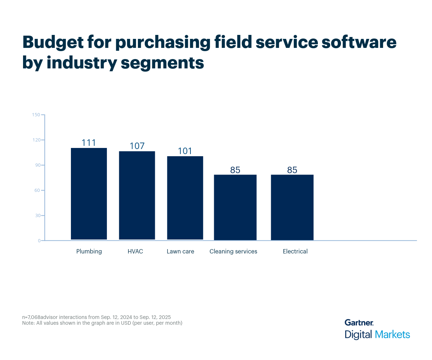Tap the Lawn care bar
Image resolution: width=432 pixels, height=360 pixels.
point(185,198)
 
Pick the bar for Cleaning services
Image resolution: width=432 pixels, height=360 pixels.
point(235,207)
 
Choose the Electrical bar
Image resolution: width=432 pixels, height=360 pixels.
point(292,207)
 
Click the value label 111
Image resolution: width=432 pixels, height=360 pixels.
point(89,143)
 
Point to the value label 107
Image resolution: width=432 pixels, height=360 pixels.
point(137,146)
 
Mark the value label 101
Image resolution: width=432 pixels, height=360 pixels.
point(185,151)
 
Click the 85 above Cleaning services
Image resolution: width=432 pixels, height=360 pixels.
point(235,170)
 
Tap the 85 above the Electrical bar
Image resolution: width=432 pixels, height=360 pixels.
point(292,170)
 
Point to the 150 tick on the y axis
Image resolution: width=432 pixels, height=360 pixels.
point(36,115)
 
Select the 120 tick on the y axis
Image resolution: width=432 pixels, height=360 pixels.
point(36,140)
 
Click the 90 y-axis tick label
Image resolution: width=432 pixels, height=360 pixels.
point(37,165)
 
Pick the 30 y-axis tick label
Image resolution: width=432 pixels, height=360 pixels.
point(37,216)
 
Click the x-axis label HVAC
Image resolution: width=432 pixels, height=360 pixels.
point(135,251)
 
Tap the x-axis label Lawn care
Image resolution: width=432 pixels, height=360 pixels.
point(180,251)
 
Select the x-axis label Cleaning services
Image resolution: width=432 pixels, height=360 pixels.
point(233,251)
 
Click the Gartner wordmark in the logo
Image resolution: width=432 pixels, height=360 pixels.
point(359,323)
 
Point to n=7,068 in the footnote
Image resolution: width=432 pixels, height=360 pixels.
point(31,317)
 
